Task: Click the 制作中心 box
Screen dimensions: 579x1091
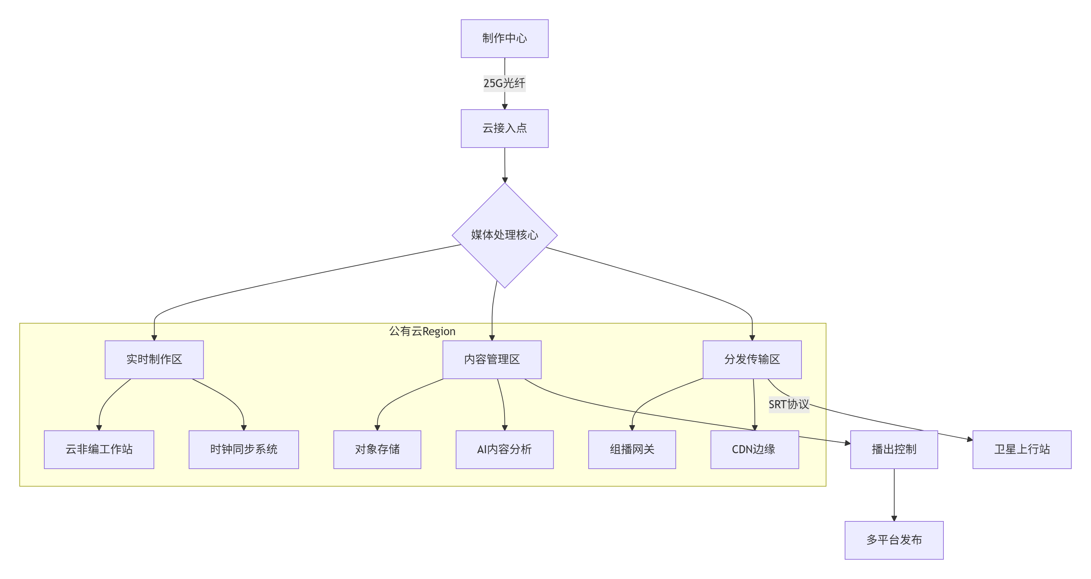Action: (505, 39)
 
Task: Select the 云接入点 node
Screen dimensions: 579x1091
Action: (505, 128)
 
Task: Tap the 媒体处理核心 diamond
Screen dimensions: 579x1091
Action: (505, 235)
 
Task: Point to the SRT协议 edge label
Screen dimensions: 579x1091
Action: (788, 404)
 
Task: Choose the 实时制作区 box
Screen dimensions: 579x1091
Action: (154, 360)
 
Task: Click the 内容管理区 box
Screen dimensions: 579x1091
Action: (492, 360)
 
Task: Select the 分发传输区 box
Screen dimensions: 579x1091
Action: (752, 360)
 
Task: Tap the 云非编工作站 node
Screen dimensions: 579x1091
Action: (99, 449)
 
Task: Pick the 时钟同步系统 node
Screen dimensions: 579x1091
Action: (243, 449)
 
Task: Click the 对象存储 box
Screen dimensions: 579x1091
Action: (377, 449)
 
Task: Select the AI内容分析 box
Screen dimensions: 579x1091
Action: (505, 449)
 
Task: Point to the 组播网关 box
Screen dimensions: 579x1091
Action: (632, 449)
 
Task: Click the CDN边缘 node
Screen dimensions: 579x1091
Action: (754, 449)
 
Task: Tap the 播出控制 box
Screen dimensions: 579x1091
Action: (894, 449)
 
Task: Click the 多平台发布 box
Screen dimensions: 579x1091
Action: (894, 540)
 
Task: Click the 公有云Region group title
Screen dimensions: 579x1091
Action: (422, 331)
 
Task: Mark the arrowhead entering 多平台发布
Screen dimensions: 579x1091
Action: (894, 519)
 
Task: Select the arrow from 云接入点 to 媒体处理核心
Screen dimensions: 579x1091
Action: (505, 165)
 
